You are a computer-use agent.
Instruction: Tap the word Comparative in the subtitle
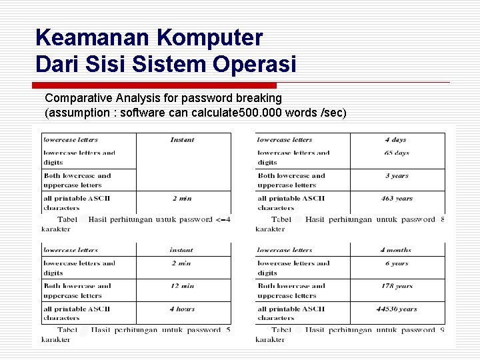76,98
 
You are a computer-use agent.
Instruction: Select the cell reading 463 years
397,198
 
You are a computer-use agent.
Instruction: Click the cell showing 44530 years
397,309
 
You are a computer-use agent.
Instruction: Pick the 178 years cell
397,286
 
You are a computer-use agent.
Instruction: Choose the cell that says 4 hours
182,309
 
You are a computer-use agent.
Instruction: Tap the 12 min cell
182,286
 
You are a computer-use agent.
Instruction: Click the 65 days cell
397,153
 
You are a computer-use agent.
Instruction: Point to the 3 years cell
397,176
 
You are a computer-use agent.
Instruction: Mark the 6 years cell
397,263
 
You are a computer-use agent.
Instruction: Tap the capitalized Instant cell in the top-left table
182,140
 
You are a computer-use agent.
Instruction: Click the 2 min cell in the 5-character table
182,263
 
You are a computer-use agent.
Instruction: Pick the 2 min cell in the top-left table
182,198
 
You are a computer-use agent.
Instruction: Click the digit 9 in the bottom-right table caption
442,330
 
